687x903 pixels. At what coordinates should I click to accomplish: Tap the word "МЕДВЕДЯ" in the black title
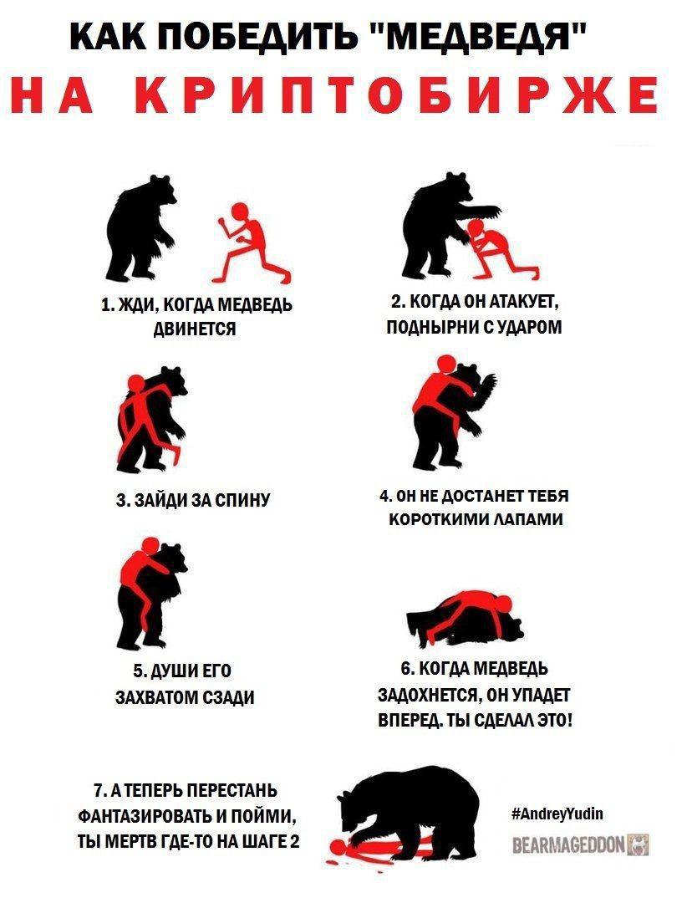pyautogui.click(x=477, y=36)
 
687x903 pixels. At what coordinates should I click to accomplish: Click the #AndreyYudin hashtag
pyautogui.click(x=557, y=814)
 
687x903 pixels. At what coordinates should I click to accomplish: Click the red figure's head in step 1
pyautogui.click(x=240, y=212)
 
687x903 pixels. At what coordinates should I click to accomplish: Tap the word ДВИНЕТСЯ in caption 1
pyautogui.click(x=195, y=329)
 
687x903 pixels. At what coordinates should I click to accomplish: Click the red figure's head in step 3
pyautogui.click(x=135, y=384)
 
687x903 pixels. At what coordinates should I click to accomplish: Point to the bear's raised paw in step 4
pyautogui.click(x=489, y=384)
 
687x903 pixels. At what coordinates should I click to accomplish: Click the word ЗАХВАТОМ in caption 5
pyautogui.click(x=157, y=696)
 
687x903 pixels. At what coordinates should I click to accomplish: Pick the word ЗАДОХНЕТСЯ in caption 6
pyautogui.click(x=427, y=695)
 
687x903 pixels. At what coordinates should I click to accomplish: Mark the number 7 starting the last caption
pyautogui.click(x=98, y=790)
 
